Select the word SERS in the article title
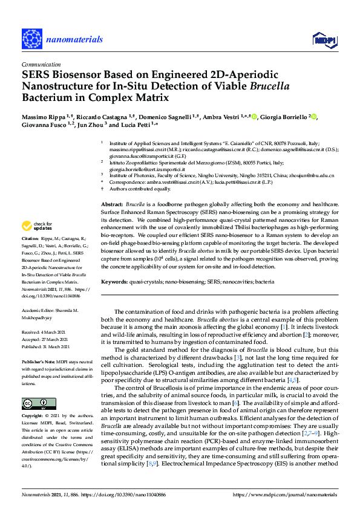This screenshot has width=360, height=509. point(36,74)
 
